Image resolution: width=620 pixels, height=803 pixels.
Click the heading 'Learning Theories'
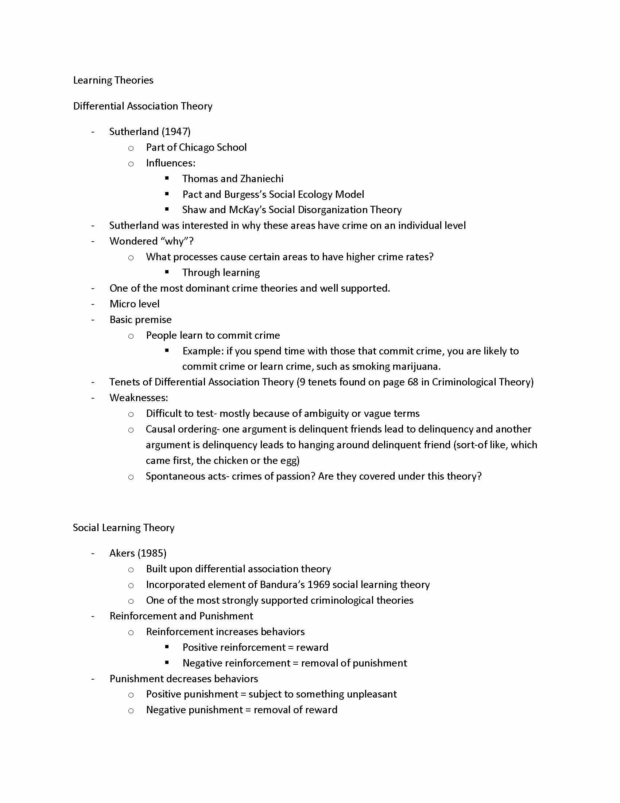(113, 80)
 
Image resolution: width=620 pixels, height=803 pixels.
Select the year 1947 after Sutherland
(176, 132)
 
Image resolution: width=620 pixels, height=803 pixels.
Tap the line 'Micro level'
(135, 304)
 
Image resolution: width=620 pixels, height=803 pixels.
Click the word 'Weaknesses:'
(139, 398)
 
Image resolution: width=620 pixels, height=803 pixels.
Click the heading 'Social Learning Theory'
(123, 528)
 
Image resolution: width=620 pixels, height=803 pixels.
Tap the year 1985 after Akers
(152, 553)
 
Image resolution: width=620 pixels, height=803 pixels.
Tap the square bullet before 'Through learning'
(167, 272)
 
